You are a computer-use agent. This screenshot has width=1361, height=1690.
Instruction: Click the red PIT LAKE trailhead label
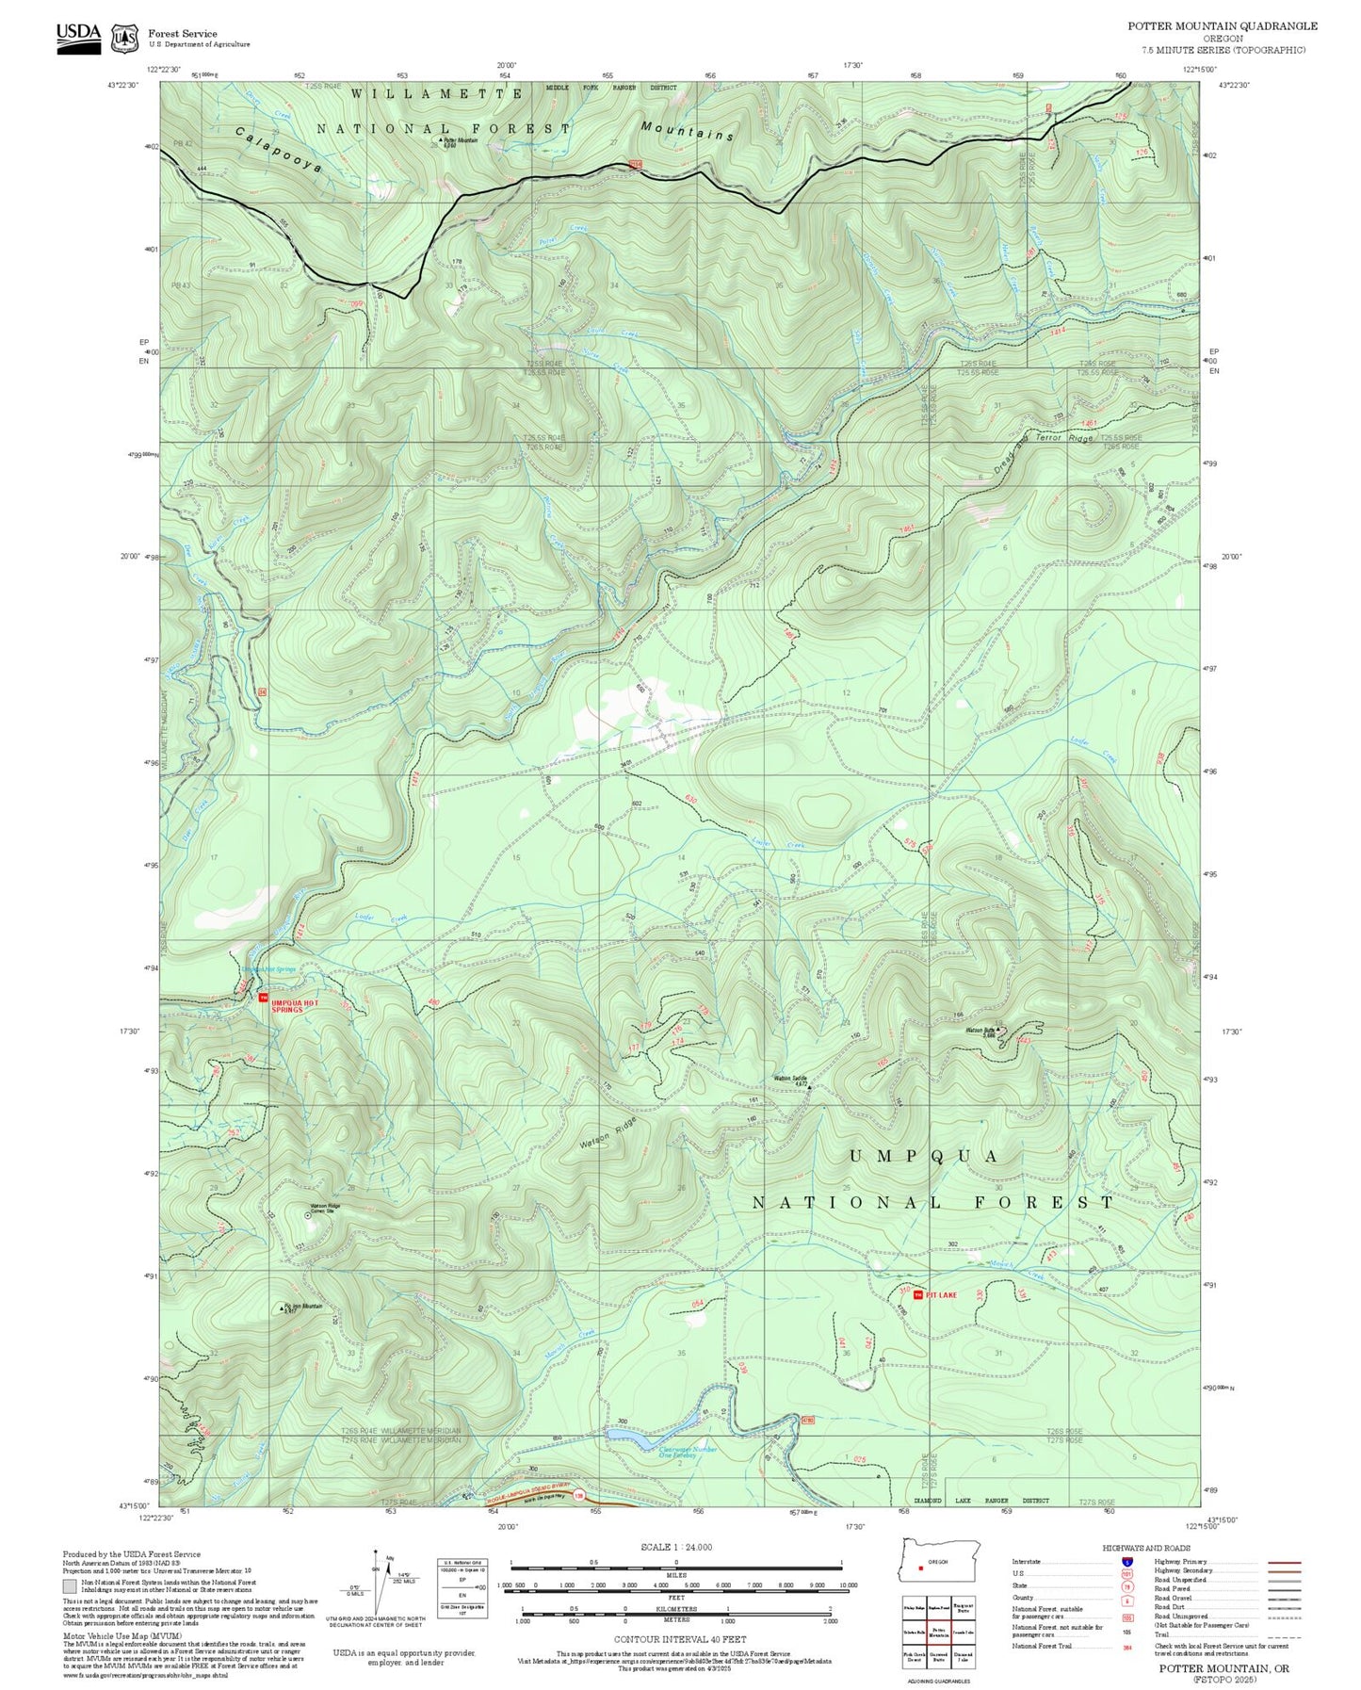pos(941,1294)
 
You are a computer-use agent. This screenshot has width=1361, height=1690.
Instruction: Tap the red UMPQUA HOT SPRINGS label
pos(296,1006)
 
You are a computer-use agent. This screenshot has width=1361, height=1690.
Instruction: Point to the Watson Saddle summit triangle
pos(809,1086)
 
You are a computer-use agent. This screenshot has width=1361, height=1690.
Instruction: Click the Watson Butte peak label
pos(981,1030)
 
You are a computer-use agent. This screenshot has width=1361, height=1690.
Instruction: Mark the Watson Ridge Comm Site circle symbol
pos(308,1215)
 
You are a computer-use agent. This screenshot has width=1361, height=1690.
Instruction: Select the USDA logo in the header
pos(78,36)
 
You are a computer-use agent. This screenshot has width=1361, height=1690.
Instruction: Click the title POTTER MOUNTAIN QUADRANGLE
pos(1223,26)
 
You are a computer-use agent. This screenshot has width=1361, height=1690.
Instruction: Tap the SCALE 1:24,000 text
pos(676,1547)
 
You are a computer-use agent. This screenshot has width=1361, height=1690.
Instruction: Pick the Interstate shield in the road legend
pos(1126,1562)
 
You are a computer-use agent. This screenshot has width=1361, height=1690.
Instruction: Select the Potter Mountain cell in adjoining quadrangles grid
pos(939,1632)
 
